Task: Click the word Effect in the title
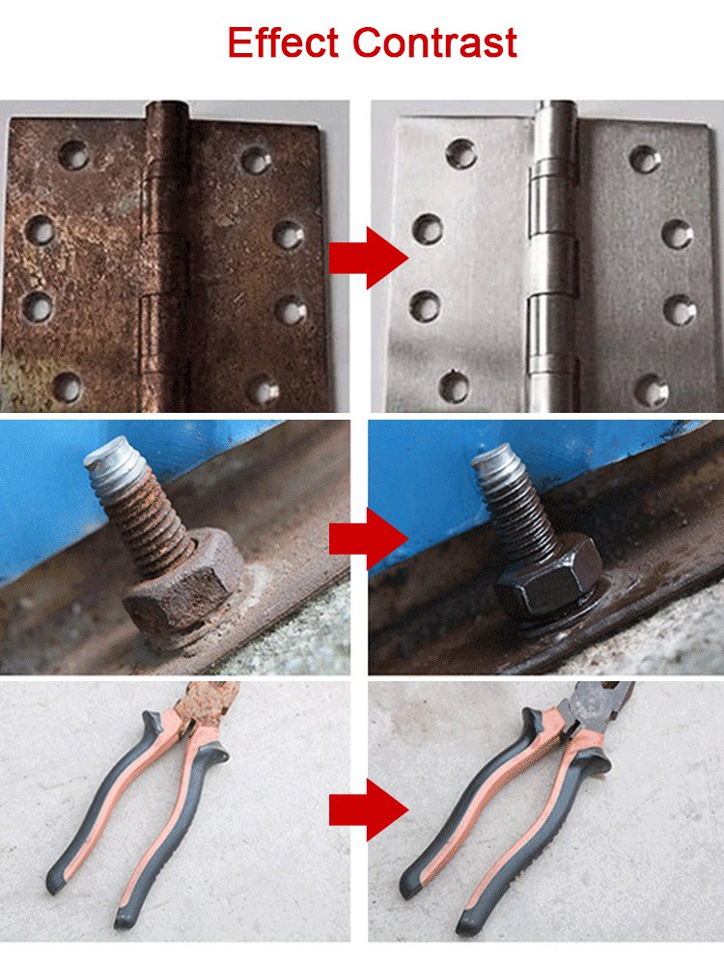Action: (x=282, y=41)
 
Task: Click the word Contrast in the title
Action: (x=435, y=41)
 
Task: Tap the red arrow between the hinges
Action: (x=369, y=258)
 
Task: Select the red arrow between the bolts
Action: (x=369, y=538)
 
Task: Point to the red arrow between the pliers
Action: (x=369, y=810)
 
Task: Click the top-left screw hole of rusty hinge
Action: (x=73, y=154)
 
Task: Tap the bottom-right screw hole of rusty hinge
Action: (x=264, y=390)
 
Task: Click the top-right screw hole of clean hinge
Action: (x=645, y=159)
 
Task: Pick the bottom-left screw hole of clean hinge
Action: (x=455, y=386)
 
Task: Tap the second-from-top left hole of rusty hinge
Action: (x=41, y=231)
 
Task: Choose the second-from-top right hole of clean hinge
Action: (x=678, y=234)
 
